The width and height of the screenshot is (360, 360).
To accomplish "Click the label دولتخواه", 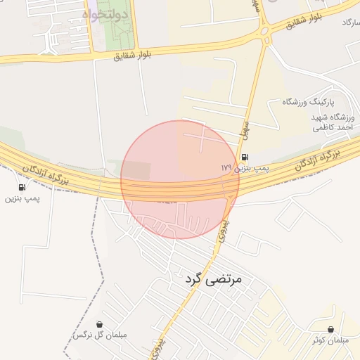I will [x=105, y=14].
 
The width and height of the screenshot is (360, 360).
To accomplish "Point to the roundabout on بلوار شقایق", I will [x=266, y=30].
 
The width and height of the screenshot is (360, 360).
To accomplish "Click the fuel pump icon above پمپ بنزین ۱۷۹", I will [x=244, y=157].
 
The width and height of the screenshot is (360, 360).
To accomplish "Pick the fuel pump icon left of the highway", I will [x=22, y=187].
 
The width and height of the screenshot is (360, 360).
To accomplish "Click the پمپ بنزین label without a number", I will [x=22, y=199].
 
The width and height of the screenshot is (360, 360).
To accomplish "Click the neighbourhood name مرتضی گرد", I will [x=213, y=279].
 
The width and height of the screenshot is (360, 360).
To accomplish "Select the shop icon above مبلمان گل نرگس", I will [x=99, y=324].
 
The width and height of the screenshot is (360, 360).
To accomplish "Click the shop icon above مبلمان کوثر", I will [x=331, y=329].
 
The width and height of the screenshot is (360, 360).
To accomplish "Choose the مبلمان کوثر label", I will [x=331, y=341].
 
